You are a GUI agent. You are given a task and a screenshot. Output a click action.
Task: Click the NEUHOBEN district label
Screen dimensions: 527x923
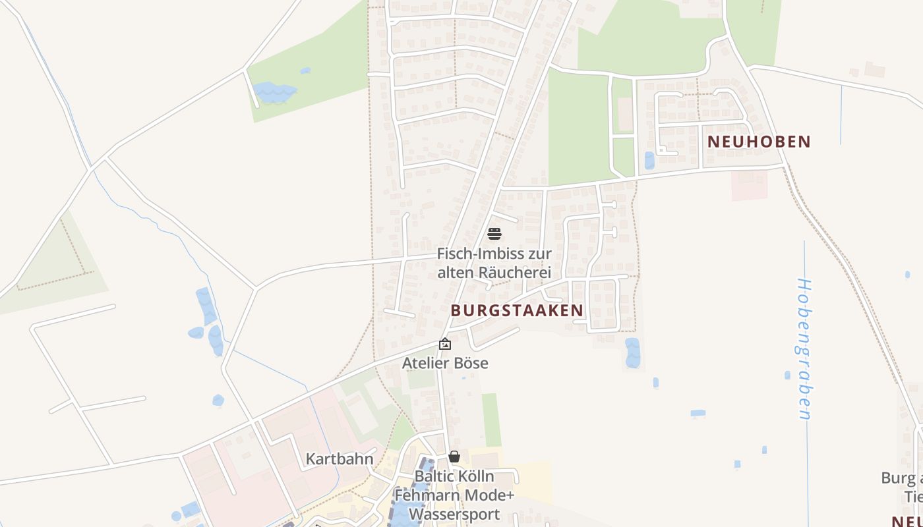click(x=759, y=142)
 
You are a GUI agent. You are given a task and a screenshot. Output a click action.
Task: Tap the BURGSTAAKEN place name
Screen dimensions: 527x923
click(x=517, y=310)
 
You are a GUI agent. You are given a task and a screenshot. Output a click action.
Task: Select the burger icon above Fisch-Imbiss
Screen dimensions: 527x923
click(x=494, y=234)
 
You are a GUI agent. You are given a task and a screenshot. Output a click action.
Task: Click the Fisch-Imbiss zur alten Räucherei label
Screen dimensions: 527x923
click(x=494, y=262)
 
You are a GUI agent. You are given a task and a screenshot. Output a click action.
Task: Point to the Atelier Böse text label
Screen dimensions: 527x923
click(x=445, y=363)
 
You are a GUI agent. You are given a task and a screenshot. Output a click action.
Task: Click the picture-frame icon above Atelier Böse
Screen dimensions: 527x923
click(x=445, y=344)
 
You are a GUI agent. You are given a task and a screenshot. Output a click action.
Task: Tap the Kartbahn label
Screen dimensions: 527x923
click(x=340, y=459)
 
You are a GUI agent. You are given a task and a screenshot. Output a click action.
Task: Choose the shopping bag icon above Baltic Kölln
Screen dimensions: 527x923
click(x=454, y=457)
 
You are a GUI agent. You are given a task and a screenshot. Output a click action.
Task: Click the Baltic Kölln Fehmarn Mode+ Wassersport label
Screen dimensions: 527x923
click(x=454, y=495)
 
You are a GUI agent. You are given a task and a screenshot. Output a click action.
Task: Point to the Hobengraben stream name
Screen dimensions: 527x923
click(x=804, y=349)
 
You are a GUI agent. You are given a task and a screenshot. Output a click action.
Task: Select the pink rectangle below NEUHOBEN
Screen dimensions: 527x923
click(x=750, y=185)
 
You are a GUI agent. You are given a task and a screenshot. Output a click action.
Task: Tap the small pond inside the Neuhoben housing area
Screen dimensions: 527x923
click(x=649, y=161)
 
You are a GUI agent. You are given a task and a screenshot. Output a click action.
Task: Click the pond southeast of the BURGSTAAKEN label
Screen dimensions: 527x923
click(x=632, y=352)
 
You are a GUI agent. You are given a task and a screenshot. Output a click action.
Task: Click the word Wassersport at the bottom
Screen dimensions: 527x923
click(x=454, y=514)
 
